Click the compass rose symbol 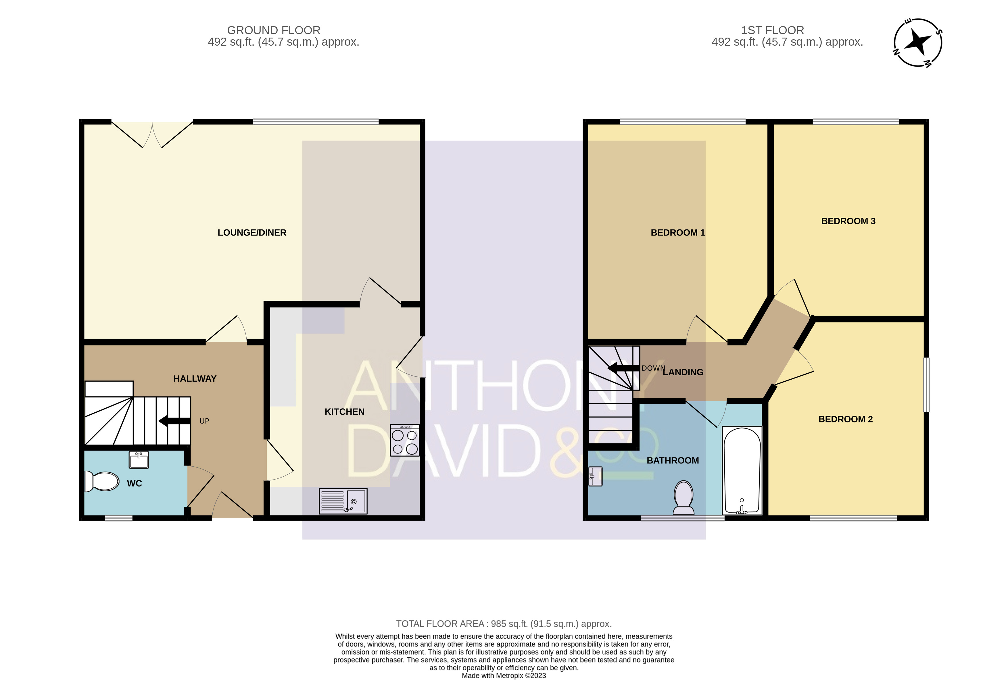[x=918, y=42]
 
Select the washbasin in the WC [x=139, y=460]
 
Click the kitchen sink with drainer [x=343, y=501]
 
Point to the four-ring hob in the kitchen [x=405, y=440]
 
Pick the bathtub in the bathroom [x=742, y=470]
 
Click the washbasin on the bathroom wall [x=596, y=476]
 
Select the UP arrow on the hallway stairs [x=174, y=421]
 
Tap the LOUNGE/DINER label [x=252, y=233]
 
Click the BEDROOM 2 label [x=845, y=419]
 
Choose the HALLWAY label [x=195, y=379]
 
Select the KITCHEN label [x=344, y=412]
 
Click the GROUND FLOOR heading [x=274, y=30]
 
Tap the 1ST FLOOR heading [x=773, y=30]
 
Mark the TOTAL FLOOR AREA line [x=504, y=624]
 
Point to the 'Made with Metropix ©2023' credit [x=504, y=675]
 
